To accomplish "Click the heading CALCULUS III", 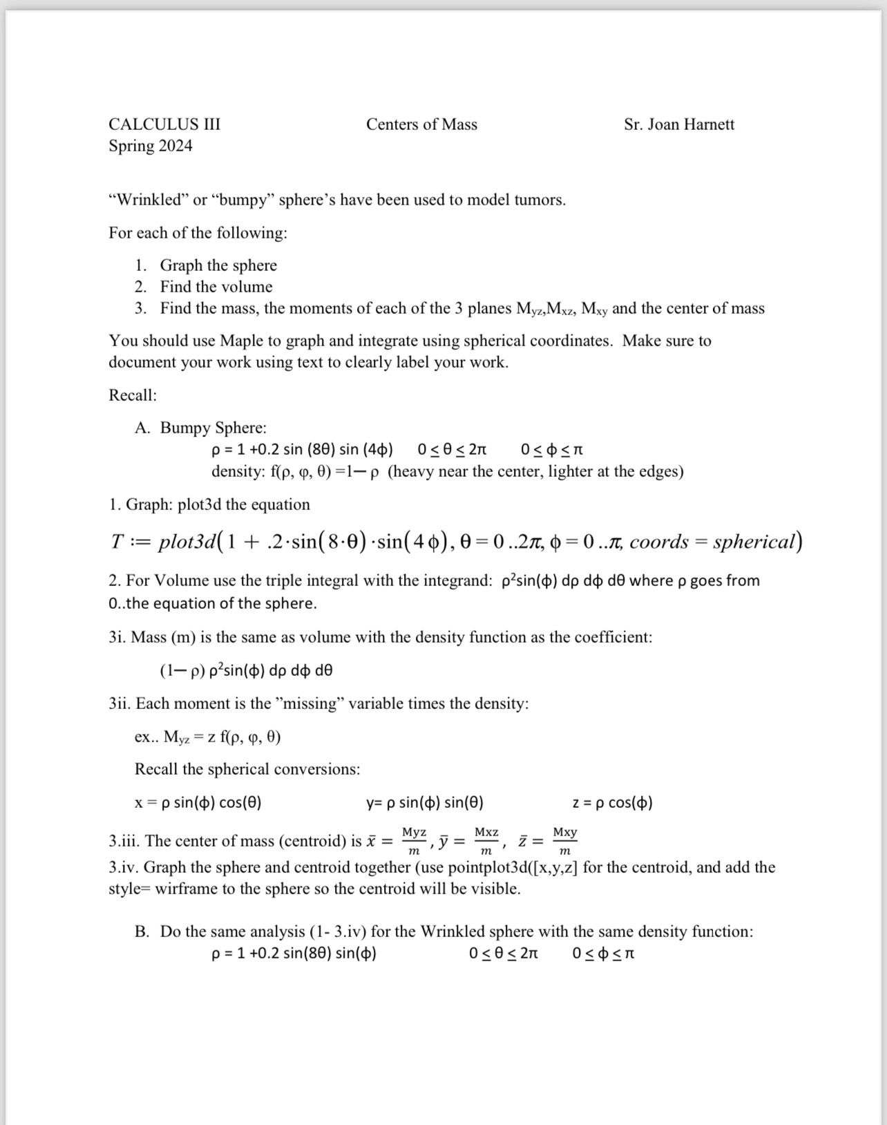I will click(x=164, y=124).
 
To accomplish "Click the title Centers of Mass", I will click(x=421, y=124).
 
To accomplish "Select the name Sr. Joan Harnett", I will click(x=678, y=124).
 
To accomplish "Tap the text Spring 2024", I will click(x=150, y=146).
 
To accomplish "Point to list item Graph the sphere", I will click(x=218, y=265).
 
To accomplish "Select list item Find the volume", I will click(x=216, y=287).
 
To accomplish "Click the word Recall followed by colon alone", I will click(x=133, y=395).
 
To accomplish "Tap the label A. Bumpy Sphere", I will click(x=201, y=428).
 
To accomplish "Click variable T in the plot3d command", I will click(x=116, y=541).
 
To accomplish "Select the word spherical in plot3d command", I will click(x=755, y=541).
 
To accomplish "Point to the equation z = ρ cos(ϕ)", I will click(x=613, y=802).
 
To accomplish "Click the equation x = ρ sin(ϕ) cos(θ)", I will click(x=198, y=802).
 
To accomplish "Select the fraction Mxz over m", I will click(x=486, y=841).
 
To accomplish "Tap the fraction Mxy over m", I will click(x=564, y=841).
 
